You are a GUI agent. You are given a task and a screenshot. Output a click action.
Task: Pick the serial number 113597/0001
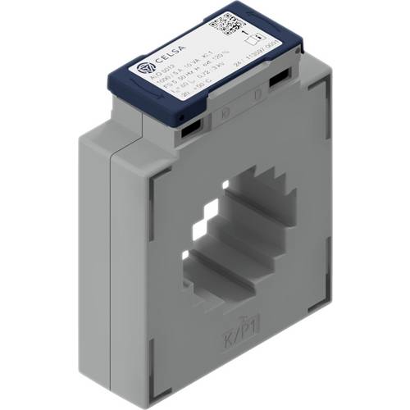point(261,61)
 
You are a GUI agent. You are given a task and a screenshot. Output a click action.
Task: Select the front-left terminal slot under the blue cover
point(190,126)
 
